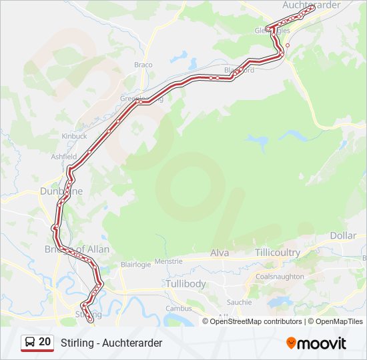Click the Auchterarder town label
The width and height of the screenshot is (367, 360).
pos(311,5)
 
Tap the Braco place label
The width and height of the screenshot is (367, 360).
pos(143,65)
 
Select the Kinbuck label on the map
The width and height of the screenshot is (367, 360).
pos(74,136)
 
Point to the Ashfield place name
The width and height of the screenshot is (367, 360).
pos(64,157)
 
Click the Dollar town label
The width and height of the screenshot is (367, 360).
pos(343,236)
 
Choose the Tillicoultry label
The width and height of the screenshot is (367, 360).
pos(277,253)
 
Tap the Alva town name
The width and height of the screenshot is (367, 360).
pos(220,253)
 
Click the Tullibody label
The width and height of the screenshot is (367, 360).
pos(186,283)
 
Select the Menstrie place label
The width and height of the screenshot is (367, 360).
pos(168,261)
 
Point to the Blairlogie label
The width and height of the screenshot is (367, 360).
pos(135,264)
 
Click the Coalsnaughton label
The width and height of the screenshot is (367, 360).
pos(280,277)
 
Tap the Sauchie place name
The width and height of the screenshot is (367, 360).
pos(239,302)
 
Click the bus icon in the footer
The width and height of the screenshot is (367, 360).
pos(29,343)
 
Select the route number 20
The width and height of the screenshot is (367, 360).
pos(45,342)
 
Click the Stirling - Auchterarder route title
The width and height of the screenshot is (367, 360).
pos(111,343)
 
